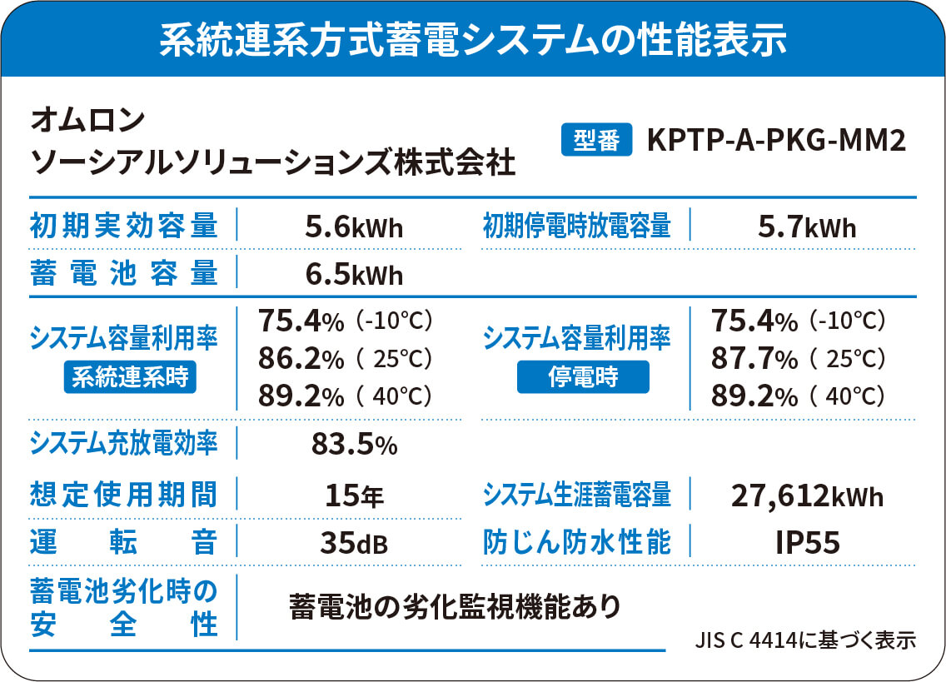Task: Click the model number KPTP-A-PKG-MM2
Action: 775,141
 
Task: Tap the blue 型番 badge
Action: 597,141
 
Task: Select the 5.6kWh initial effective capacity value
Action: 354,227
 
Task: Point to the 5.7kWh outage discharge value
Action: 807,227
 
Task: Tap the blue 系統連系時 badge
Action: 129,378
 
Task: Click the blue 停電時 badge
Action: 583,378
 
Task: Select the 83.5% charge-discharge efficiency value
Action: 354,446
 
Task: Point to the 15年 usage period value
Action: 354,496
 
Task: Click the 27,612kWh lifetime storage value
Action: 807,496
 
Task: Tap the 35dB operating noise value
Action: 354,543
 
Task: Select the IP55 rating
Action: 807,543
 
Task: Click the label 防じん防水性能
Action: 577,543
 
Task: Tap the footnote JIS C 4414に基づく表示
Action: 805,640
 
